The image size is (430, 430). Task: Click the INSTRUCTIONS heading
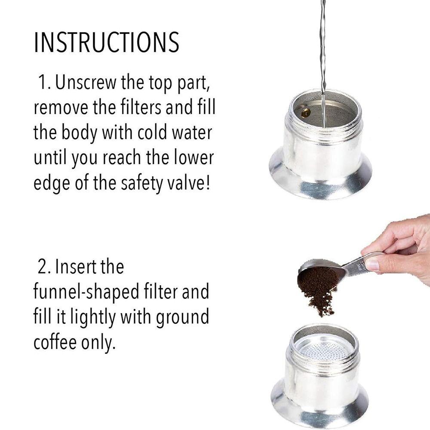(106, 42)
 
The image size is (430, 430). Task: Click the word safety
(142, 184)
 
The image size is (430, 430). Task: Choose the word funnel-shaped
(86, 292)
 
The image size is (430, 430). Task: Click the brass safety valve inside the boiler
(305, 113)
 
